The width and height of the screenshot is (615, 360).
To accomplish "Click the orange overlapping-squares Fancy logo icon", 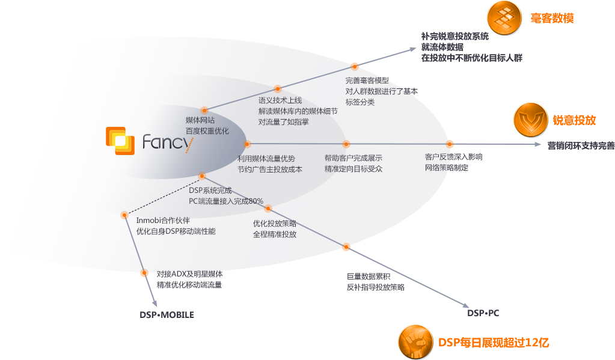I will pos(120,141).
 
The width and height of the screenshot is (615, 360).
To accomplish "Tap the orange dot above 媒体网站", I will pos(204,110).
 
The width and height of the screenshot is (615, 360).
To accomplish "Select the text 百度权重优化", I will pos(207,131).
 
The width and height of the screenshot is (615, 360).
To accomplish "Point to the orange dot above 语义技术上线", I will pos(278,88).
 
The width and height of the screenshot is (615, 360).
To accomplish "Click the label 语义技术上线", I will pos(280,100).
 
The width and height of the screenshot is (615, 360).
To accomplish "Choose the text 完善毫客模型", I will pos(367,81).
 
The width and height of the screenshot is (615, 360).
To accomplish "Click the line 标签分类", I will pos(360,102).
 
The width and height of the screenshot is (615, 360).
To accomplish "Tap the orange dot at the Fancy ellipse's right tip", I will pos(247,144).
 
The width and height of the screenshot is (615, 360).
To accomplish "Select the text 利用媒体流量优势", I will pos(266,158).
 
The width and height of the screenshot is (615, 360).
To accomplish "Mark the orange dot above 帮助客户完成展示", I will pos(346,144).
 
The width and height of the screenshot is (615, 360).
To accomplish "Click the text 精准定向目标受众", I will pos(353,169).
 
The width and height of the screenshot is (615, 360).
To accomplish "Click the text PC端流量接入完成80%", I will pos(226,201).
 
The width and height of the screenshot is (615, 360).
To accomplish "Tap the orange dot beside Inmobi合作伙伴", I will pos(124,215).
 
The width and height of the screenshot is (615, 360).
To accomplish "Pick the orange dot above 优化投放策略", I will pos(268,209).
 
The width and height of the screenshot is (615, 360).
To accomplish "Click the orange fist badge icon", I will pos(416,341).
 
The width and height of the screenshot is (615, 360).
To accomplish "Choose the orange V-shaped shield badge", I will pos(531,120).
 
